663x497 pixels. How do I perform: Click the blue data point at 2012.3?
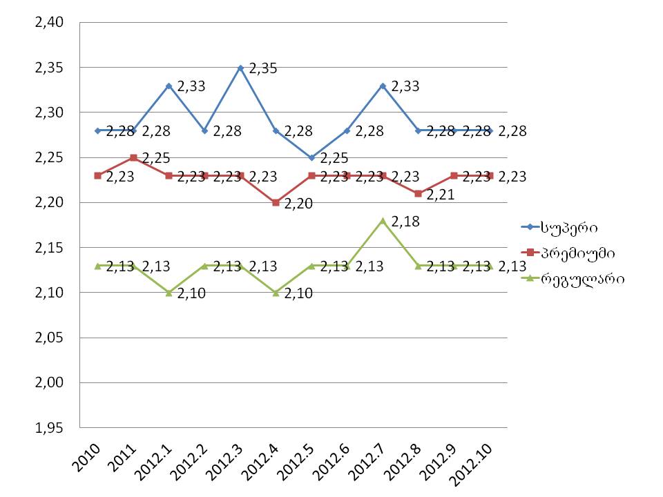[x=240, y=68]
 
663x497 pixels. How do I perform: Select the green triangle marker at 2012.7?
[x=383, y=220]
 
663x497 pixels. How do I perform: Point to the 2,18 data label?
[x=405, y=222]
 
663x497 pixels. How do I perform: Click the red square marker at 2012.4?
[x=276, y=202]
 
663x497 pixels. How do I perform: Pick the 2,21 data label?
[x=441, y=195]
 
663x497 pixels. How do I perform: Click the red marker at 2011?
[x=133, y=157]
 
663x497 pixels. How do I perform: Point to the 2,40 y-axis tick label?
[x=45, y=23]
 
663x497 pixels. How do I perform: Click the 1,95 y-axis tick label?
[x=45, y=428]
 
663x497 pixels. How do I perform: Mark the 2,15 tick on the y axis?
[x=45, y=248]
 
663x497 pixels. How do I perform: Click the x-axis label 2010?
[x=88, y=456]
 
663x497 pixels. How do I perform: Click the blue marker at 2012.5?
[x=311, y=157]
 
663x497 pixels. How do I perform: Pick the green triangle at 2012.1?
[x=169, y=292]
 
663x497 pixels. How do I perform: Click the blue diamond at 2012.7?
[x=383, y=86]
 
